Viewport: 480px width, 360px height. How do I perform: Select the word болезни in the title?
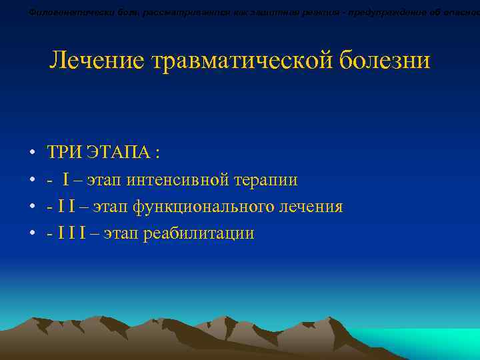[x=385, y=61]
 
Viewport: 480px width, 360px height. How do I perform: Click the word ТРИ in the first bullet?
[x=65, y=153]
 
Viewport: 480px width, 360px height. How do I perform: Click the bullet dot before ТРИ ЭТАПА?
[x=32, y=154]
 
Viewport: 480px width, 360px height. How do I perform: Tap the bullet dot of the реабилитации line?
[x=32, y=234]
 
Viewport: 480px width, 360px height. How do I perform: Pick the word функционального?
[x=209, y=207]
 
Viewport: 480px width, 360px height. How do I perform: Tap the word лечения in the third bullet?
[x=315, y=207]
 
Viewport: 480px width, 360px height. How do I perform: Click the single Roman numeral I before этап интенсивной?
[x=67, y=180]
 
